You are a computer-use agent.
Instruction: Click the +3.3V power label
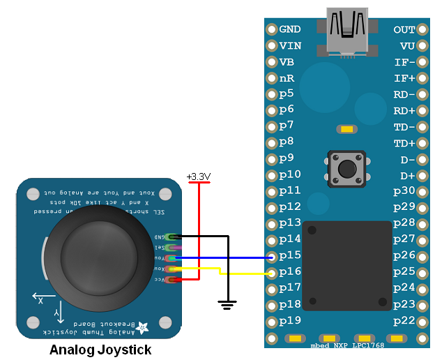coord(199,177)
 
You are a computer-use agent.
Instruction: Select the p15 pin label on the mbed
coord(290,255)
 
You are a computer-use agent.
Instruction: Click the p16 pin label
coord(290,271)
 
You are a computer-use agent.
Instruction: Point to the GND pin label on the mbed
coord(290,29)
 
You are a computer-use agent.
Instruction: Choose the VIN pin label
coord(290,45)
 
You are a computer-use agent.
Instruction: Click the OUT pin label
coord(404,29)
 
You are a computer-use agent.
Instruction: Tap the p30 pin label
coord(404,190)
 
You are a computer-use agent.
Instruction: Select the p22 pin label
coord(404,320)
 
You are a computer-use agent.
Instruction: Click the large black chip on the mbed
coord(347,265)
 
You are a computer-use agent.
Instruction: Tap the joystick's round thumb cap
coord(98,258)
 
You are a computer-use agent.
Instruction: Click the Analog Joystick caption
coord(100,350)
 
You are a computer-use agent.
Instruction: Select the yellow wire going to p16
coord(244,273)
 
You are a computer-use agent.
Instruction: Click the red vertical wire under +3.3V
coord(199,230)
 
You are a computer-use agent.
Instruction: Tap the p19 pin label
coord(290,320)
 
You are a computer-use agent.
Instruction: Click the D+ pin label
coord(406,175)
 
